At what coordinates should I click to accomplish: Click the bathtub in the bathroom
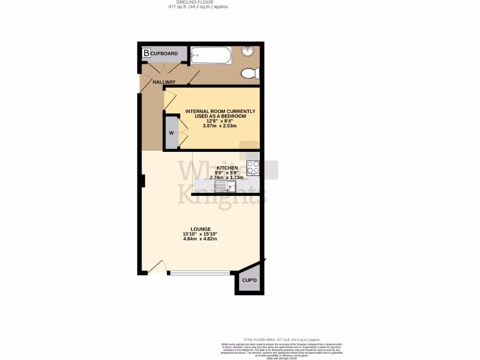point(211,55)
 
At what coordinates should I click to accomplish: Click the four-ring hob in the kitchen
point(253,168)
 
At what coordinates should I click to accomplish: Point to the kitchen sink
point(226,187)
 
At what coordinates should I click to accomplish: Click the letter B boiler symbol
point(146,53)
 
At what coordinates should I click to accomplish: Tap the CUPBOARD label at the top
point(164,53)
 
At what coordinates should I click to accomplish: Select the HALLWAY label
point(164,82)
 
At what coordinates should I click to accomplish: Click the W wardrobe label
point(171,133)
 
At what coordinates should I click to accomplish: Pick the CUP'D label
point(249,281)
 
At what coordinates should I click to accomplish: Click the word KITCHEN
point(227,168)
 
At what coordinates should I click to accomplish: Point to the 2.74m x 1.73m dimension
point(227,178)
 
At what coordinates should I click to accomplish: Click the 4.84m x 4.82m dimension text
point(200,239)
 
